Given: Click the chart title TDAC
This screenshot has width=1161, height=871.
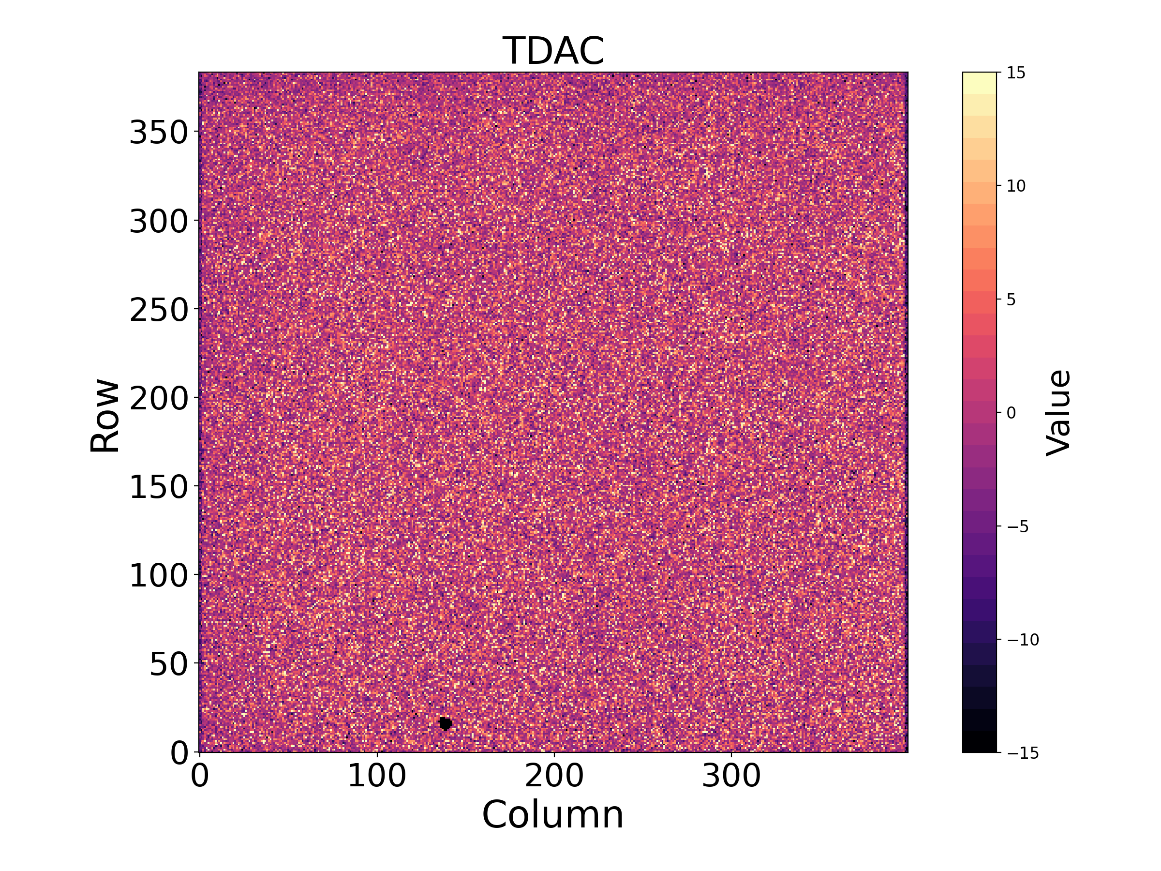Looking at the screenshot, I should (553, 51).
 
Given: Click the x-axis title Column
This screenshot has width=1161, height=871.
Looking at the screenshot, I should (553, 815).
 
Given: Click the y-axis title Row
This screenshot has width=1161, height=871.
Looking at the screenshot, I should (104, 415).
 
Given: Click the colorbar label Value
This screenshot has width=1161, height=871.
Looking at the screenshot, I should (1058, 413).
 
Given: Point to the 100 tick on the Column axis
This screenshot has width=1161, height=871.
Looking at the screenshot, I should (377, 776).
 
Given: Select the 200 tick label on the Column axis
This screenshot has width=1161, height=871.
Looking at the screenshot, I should (554, 776).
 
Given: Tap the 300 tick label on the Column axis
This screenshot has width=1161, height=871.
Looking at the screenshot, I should (731, 776).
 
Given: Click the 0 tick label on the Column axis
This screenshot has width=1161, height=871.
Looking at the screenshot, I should (200, 776).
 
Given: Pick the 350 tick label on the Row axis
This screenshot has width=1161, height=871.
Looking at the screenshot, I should (159, 132).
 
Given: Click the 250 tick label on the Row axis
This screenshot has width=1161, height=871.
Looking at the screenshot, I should (159, 310).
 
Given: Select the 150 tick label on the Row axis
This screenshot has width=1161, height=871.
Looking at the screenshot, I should (159, 487).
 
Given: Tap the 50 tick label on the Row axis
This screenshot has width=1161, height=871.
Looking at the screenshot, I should (168, 664).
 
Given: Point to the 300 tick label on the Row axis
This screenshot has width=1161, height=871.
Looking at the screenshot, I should (159, 221).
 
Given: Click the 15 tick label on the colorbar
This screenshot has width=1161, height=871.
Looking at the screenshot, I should (1016, 73).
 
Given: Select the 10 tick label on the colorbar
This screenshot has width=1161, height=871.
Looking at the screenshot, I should (1016, 186).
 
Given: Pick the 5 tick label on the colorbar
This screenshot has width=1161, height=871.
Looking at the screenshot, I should (1012, 300).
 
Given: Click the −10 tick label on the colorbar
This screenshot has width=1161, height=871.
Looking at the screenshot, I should (1023, 640).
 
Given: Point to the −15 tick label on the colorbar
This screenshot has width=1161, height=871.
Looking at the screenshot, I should (1023, 753).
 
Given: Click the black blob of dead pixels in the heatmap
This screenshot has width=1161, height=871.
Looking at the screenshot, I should (445, 724).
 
